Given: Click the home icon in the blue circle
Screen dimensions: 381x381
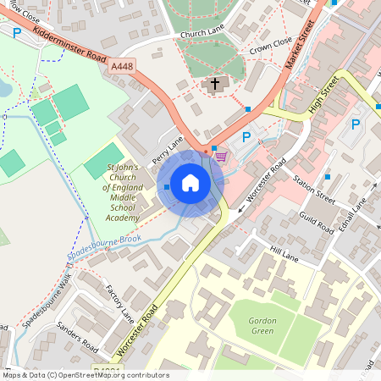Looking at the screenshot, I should click(190, 183).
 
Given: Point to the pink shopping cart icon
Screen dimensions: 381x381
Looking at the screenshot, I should click(221, 156).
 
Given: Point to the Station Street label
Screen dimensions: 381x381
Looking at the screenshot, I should click(314, 190).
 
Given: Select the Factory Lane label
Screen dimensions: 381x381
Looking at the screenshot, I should click(119, 302).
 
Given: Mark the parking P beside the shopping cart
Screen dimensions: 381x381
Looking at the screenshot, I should click(246, 136).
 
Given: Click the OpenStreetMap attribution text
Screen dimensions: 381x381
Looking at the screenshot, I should click(85, 375).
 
